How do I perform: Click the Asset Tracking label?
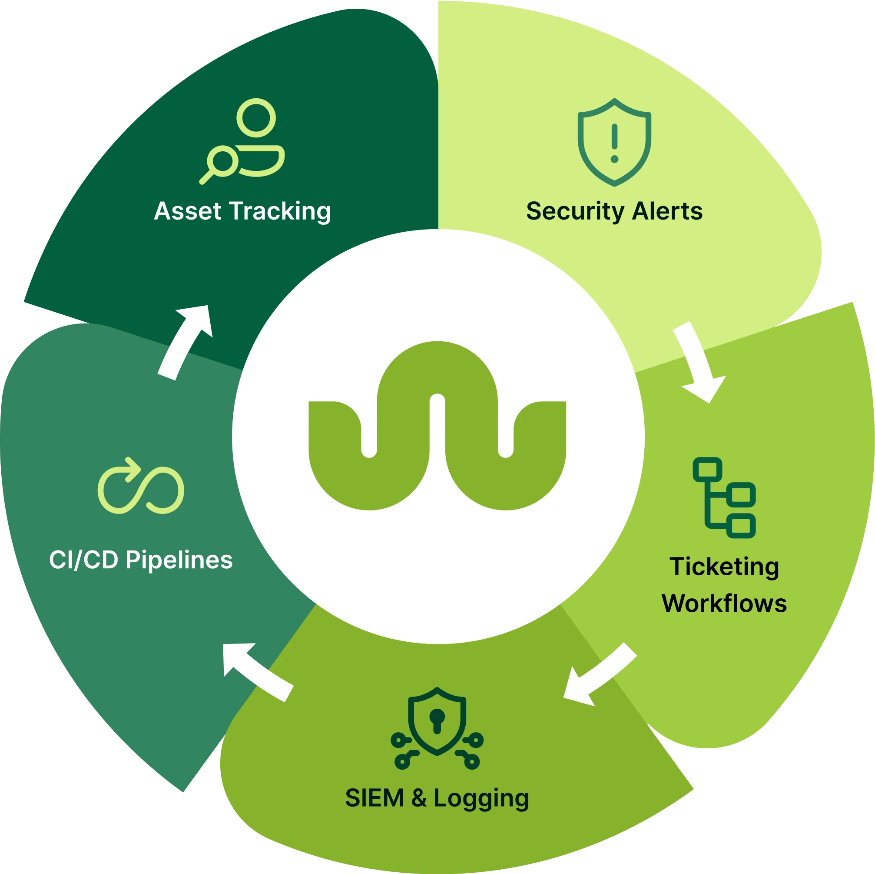[x=242, y=212]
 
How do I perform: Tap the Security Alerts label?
[x=614, y=212]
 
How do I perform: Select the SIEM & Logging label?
[x=437, y=798]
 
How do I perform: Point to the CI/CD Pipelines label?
[x=141, y=560]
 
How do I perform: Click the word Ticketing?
[x=724, y=567]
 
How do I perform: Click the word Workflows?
[x=724, y=604]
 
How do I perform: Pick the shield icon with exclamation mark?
[x=614, y=142]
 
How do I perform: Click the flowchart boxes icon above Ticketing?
[x=724, y=497]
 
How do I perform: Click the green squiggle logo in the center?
[x=437, y=426]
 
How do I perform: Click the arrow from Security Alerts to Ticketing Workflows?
[x=697, y=361]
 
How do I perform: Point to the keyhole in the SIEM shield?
[x=437, y=720]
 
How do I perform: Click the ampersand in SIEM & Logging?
[x=418, y=798]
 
